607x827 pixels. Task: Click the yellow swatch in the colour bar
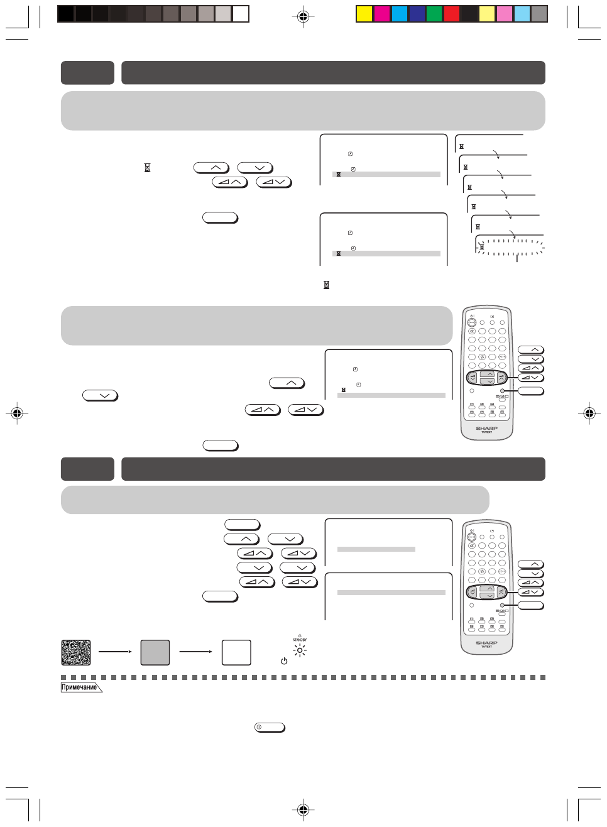(x=364, y=14)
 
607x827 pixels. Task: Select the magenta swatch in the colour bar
(x=382, y=14)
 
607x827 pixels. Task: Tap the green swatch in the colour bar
(x=434, y=14)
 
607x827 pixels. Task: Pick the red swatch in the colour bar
(x=452, y=14)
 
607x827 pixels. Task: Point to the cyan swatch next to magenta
(x=400, y=14)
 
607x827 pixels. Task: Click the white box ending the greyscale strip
(x=241, y=14)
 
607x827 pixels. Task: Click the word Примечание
(x=80, y=687)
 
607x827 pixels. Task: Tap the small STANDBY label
(x=300, y=640)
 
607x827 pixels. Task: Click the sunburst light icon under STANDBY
(x=300, y=650)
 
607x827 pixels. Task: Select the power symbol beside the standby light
(x=284, y=661)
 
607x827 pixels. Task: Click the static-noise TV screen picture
(x=76, y=652)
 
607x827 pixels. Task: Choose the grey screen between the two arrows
(x=155, y=652)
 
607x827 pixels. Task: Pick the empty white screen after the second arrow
(x=236, y=652)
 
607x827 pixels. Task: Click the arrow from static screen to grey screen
(x=115, y=652)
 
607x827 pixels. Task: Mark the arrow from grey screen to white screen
(x=196, y=652)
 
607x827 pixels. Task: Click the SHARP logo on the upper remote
(x=486, y=428)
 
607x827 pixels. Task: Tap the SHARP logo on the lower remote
(x=486, y=643)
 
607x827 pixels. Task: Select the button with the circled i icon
(x=270, y=727)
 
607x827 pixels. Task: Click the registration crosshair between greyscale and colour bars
(x=303, y=17)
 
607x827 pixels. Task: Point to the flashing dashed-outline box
(x=510, y=247)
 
